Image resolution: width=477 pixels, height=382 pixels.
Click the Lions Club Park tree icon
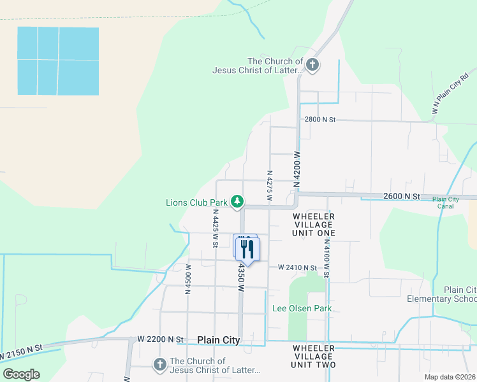click(x=237, y=202)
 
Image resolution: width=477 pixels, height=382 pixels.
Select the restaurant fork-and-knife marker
click(x=247, y=250)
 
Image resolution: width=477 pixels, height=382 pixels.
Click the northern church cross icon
click(x=312, y=64)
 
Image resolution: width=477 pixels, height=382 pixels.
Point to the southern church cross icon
click(x=159, y=365)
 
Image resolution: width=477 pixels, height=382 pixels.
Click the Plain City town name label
click(x=219, y=341)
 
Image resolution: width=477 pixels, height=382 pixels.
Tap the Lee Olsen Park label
click(x=302, y=309)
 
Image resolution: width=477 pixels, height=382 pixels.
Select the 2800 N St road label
click(x=319, y=120)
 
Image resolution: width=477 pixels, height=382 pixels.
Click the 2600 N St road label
click(x=402, y=197)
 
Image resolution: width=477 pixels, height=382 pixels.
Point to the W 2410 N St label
click(x=297, y=268)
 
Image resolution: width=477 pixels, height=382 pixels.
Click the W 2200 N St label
click(x=160, y=339)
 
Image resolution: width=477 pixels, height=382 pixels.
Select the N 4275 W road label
click(x=270, y=186)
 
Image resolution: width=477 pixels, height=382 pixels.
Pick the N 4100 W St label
click(x=327, y=257)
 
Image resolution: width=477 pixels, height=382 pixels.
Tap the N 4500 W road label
click(x=189, y=279)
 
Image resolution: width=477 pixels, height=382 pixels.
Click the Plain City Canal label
click(x=445, y=202)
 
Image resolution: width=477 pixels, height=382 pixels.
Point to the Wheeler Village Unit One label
click(x=314, y=225)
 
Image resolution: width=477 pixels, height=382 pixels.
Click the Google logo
click(x=21, y=374)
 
